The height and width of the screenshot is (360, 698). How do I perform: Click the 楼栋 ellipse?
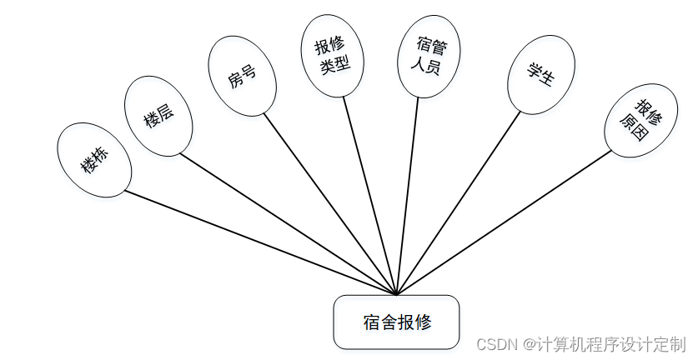tap(94, 159)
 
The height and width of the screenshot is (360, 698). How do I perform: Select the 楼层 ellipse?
tap(158, 116)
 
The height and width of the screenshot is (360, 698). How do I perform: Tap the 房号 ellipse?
tap(242, 75)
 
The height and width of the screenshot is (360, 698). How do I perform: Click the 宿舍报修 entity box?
tap(397, 322)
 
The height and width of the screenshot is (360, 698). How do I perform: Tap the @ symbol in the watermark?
tap(527, 344)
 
